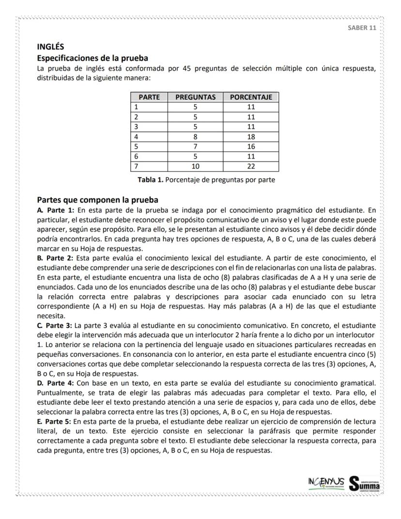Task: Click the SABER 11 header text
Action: click(362, 27)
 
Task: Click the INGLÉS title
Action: click(51, 47)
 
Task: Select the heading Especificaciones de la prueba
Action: click(93, 58)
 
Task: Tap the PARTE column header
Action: click(149, 97)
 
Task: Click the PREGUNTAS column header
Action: click(195, 97)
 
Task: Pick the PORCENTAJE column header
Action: click(251, 97)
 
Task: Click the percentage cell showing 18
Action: click(251, 137)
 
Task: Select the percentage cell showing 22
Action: click(251, 166)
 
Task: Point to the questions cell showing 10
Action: click(195, 166)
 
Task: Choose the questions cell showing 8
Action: click(195, 137)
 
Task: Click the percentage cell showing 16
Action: click(251, 146)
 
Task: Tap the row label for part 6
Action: click(137, 157)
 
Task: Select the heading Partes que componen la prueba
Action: click(98, 200)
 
